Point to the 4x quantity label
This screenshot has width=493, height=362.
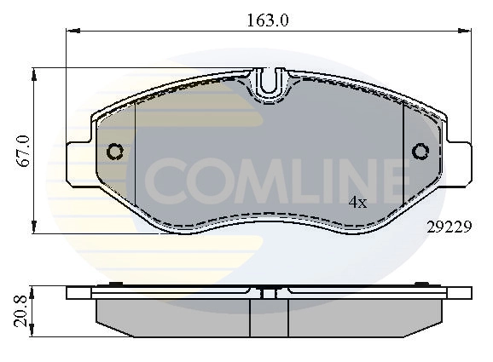point(357,203)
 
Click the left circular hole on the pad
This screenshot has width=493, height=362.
point(114,152)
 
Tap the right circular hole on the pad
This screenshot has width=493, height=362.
point(420,152)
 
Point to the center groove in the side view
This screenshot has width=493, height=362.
point(268,296)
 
